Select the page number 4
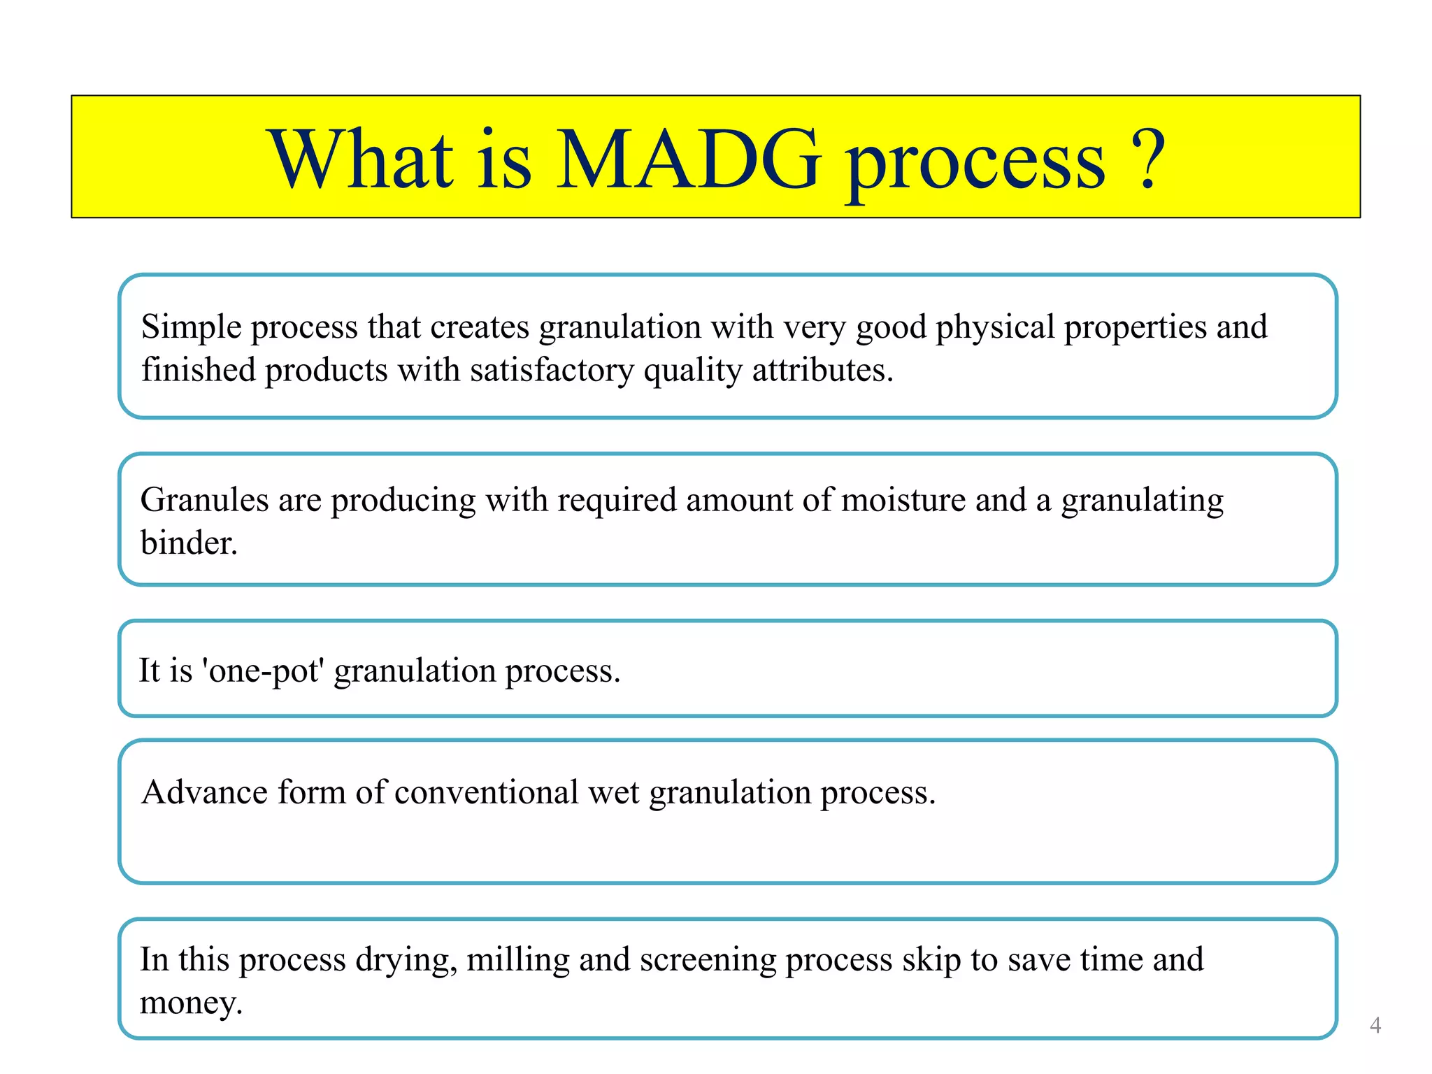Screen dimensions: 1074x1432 point(1375,1025)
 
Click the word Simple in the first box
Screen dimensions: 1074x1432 point(191,327)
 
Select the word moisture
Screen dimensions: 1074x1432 point(903,501)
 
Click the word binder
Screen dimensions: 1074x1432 point(188,543)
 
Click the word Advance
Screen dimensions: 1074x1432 point(204,793)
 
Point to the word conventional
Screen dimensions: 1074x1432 point(486,793)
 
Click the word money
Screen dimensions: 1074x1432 point(190,1003)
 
